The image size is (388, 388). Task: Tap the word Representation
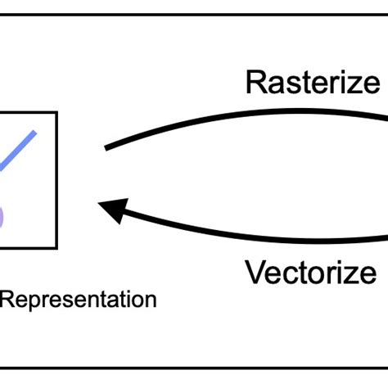point(79,300)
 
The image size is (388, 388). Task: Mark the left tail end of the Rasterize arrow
point(107,148)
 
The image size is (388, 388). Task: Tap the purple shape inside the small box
point(2,214)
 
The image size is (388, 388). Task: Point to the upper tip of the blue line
point(35,130)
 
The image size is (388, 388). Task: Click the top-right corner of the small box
point(56,111)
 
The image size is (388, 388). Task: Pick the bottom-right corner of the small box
point(56,247)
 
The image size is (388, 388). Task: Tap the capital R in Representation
point(7,300)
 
